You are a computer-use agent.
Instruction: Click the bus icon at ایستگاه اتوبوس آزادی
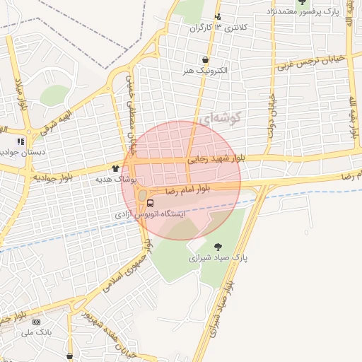(140, 204)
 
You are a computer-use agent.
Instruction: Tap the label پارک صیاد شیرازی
(218, 259)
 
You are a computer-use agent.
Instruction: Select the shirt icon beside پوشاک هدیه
(116, 168)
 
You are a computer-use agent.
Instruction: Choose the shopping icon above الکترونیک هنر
(205, 60)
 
